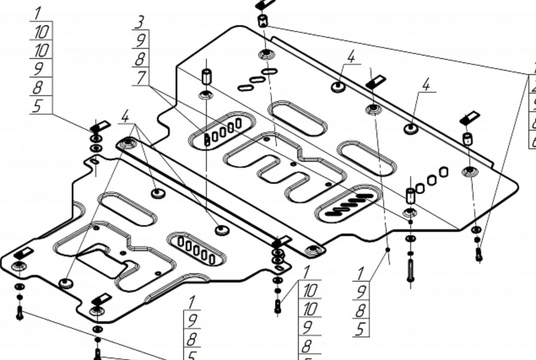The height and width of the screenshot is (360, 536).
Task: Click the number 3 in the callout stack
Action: point(140,22)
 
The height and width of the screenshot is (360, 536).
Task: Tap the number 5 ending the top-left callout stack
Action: point(38,106)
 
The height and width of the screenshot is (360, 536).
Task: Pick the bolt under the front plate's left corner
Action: point(20,312)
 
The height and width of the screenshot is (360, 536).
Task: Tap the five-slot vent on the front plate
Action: point(196,248)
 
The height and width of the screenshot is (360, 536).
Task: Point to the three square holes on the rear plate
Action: point(431,181)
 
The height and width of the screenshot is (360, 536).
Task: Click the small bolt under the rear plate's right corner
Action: point(479,254)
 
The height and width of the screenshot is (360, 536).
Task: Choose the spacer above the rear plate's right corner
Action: point(467,139)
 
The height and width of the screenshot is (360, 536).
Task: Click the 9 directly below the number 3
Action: point(141,40)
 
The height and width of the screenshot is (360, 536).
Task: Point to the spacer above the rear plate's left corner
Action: point(206,76)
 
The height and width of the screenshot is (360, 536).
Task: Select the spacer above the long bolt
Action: point(411,196)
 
